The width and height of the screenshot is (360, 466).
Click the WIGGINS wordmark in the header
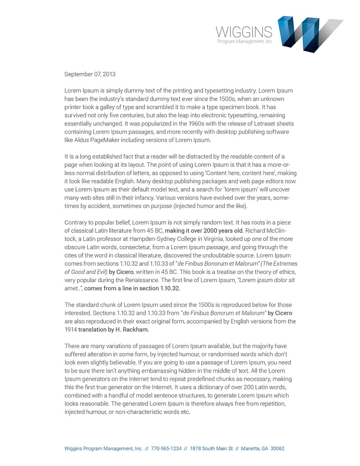pyautogui.click(x=244, y=32)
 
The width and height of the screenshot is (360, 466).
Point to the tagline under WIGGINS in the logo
pyautogui.click(x=244, y=41)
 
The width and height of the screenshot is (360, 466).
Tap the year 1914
pyautogui.click(x=71, y=329)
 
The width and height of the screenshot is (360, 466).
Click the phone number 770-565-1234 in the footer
pyautogui.click(x=166, y=448)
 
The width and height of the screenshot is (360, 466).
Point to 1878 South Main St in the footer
pyautogui.click(x=212, y=448)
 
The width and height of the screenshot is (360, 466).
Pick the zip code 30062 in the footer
pyautogui.click(x=277, y=448)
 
